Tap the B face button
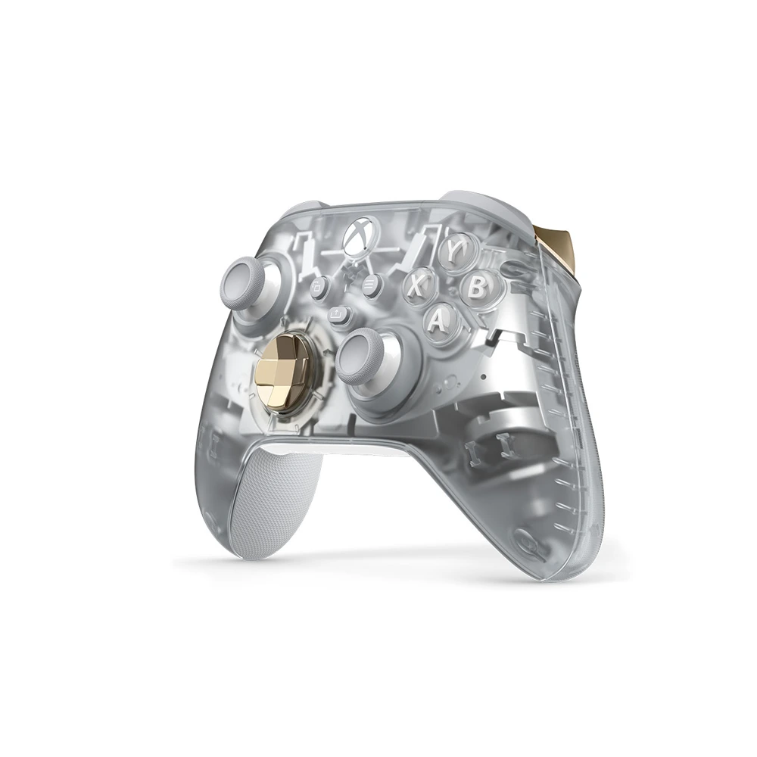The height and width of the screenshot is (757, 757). (476, 288)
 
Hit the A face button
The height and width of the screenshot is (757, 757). (438, 319)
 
